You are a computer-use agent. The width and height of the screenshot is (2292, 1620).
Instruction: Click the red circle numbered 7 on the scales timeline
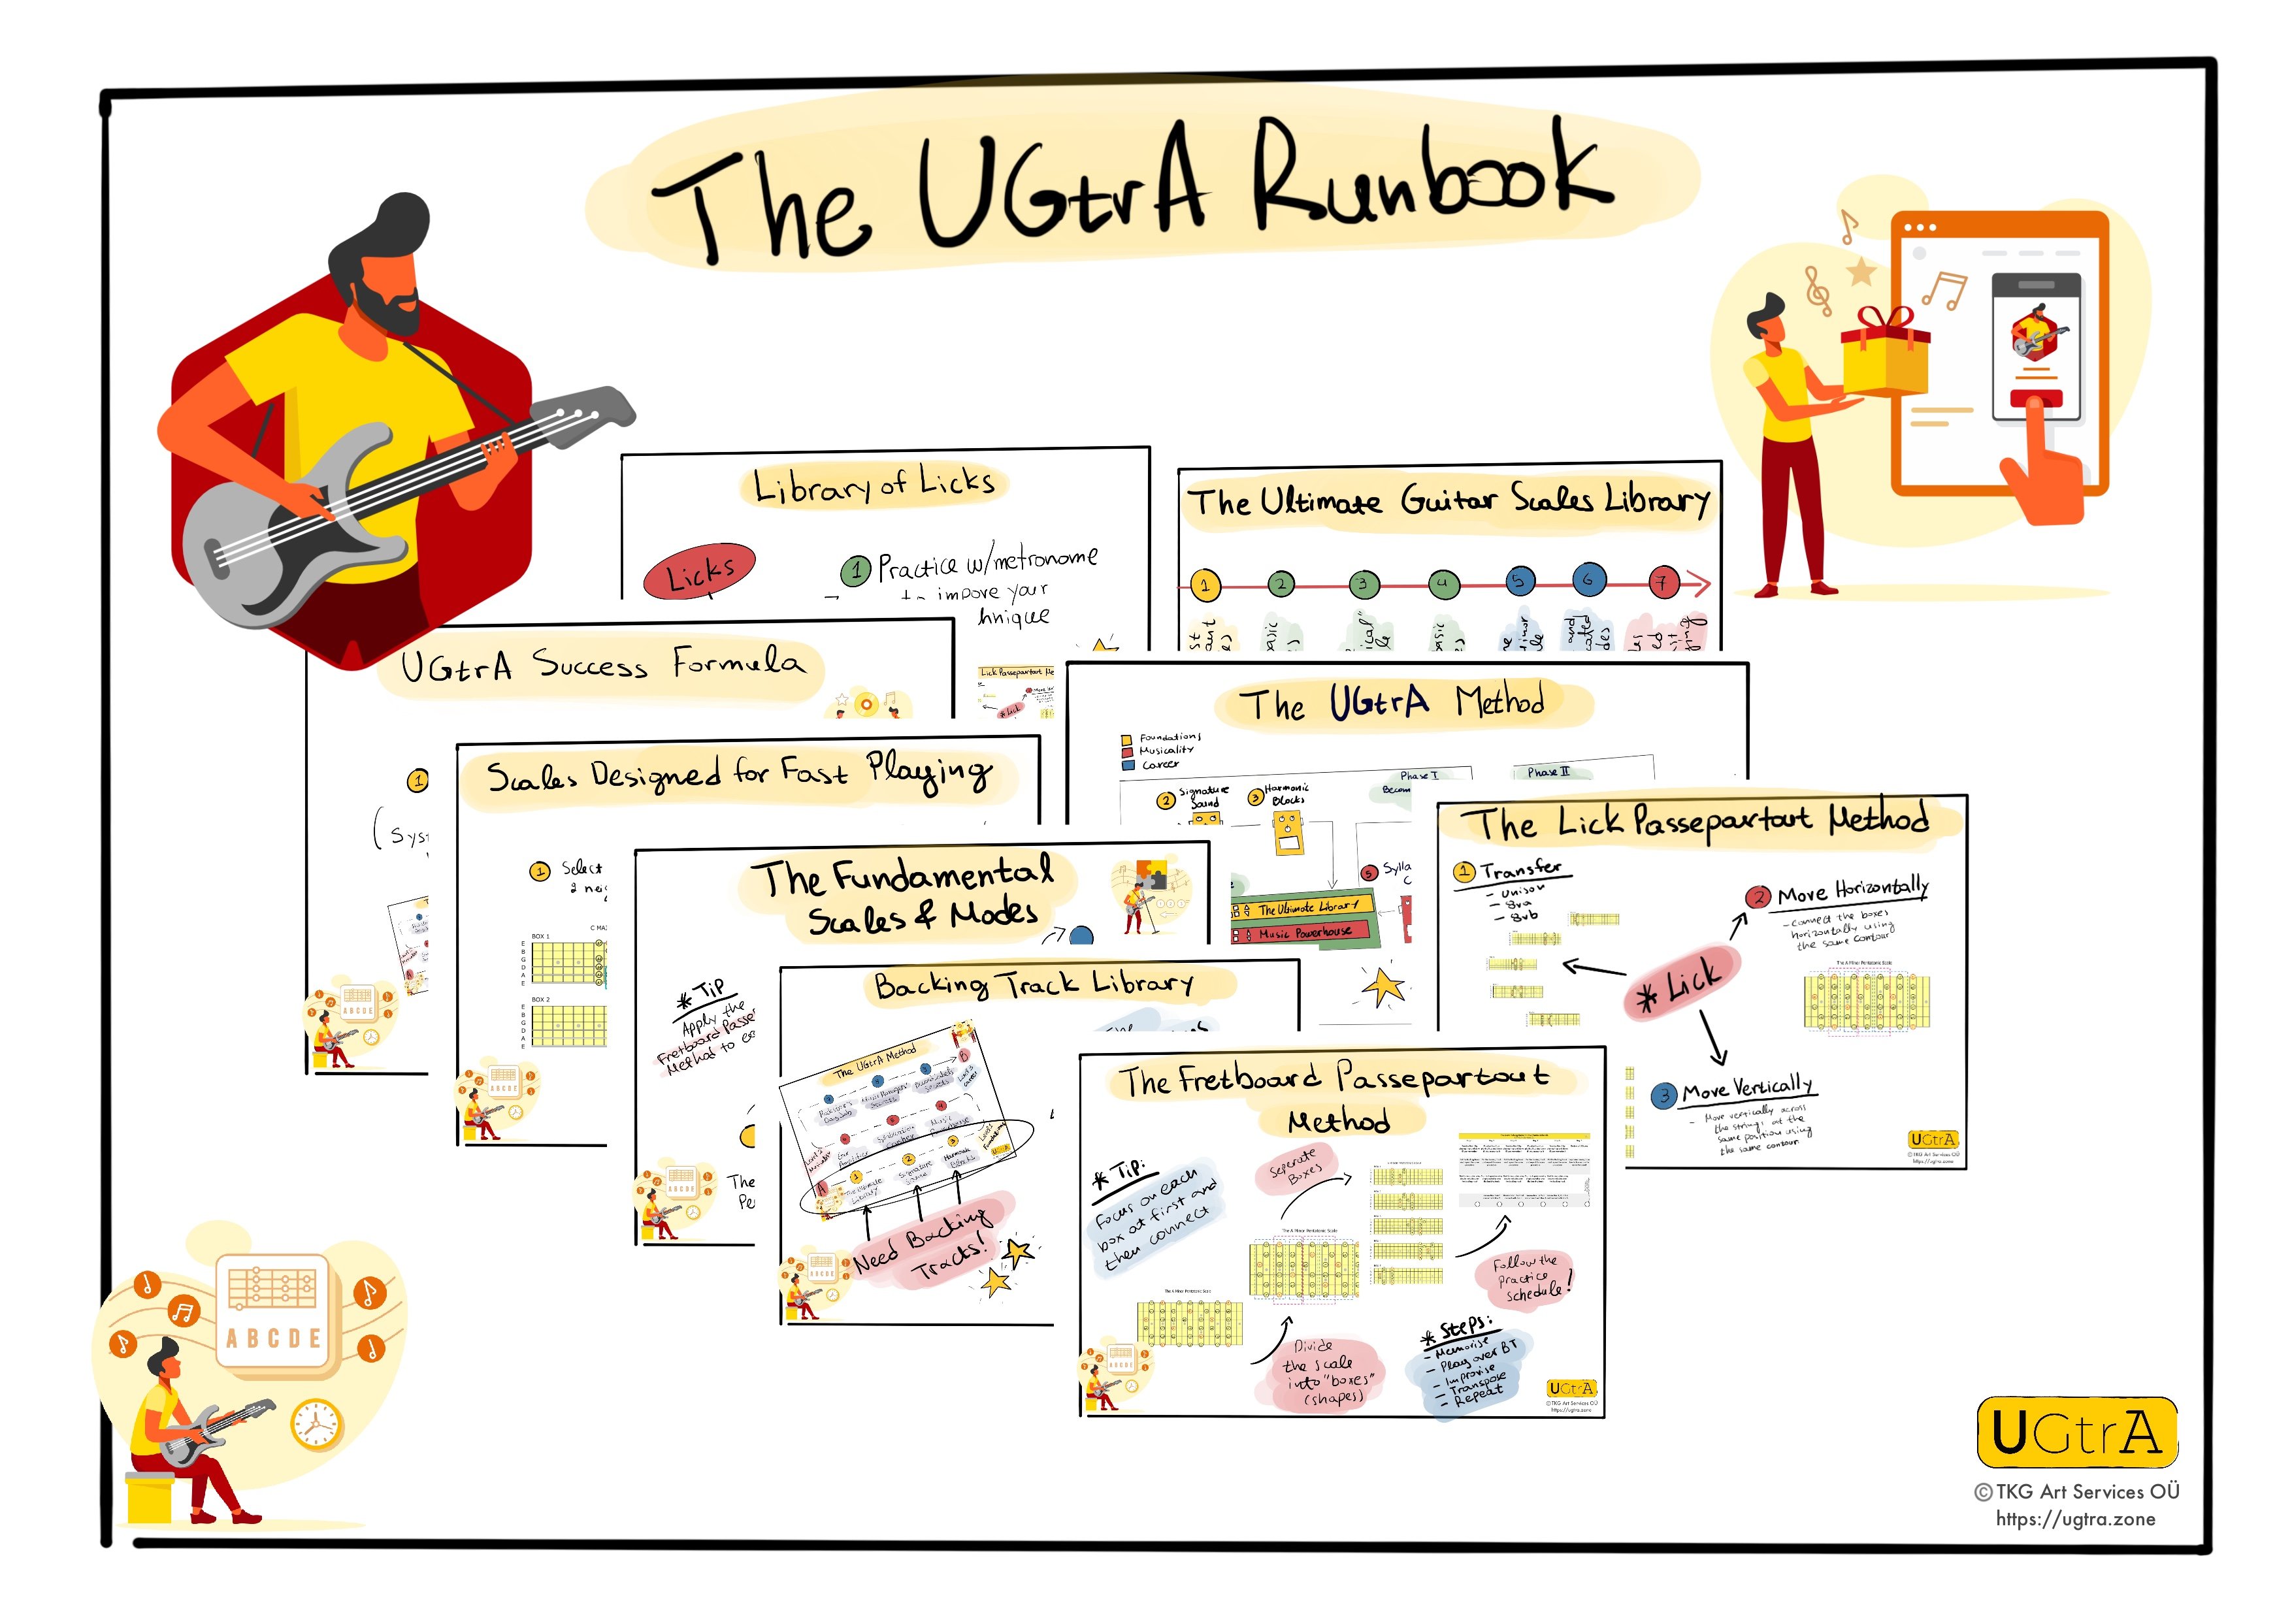pyautogui.click(x=1662, y=582)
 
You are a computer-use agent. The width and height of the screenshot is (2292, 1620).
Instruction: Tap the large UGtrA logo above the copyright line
pyautogui.click(x=2076, y=1433)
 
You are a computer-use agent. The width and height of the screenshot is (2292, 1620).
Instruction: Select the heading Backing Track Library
pyautogui.click(x=1033, y=985)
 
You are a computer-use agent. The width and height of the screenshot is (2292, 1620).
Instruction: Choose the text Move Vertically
pyautogui.click(x=1747, y=1088)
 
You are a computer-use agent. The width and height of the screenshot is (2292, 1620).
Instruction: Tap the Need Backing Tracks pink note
pyautogui.click(x=923, y=1242)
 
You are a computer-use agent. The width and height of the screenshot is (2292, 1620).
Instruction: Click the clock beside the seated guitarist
pyautogui.click(x=316, y=1425)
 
